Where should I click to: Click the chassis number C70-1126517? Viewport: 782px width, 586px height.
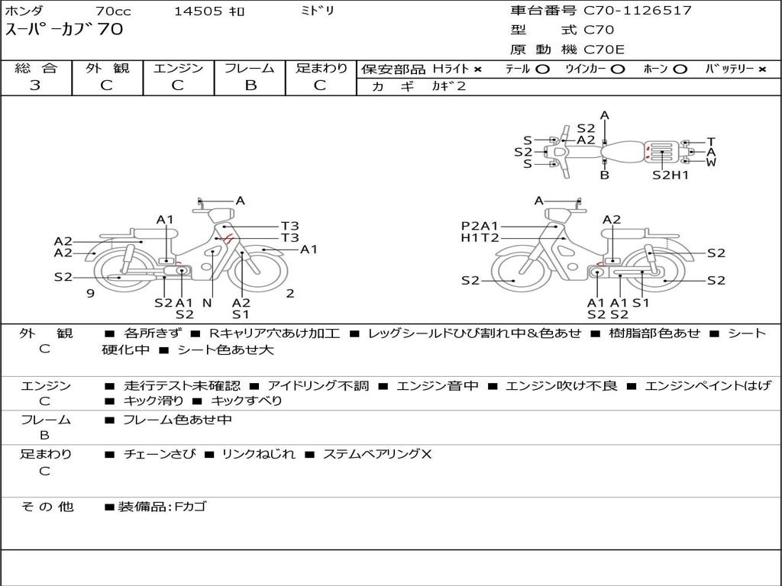(x=638, y=11)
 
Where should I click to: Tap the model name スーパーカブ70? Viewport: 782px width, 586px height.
(x=64, y=30)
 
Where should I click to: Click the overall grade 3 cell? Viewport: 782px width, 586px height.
(x=35, y=85)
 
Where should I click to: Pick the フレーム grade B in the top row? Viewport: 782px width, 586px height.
(x=250, y=85)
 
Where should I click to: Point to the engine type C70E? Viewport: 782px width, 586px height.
(x=604, y=50)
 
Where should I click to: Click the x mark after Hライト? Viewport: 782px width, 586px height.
(x=478, y=69)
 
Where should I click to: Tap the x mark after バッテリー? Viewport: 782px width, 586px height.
(x=762, y=69)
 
